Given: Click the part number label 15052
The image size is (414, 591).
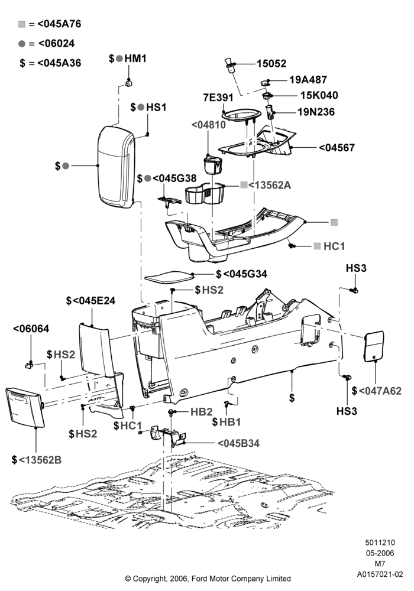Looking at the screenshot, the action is tap(271, 63).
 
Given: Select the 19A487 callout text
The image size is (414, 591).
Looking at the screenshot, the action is tap(308, 80).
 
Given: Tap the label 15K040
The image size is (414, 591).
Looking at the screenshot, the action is tap(319, 95).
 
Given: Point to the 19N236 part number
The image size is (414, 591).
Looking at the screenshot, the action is tap(316, 112).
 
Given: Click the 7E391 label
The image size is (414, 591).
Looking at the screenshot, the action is tap(218, 98).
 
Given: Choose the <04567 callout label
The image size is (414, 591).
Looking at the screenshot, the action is tap(337, 147).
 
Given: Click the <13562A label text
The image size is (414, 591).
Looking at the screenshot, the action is tap(270, 185).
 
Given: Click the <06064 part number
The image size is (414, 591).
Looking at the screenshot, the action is tap(31, 329).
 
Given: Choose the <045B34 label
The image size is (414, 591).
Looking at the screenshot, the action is tap(238, 443).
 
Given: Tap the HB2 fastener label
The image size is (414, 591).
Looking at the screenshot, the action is tap(201, 411).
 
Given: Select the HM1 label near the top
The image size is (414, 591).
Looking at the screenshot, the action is tap(135, 59).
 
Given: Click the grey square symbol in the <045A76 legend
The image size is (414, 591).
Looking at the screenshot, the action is tap(22, 24).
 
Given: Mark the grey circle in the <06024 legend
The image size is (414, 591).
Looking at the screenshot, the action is tap(22, 44).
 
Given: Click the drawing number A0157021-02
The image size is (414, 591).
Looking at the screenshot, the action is tap(380, 574).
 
